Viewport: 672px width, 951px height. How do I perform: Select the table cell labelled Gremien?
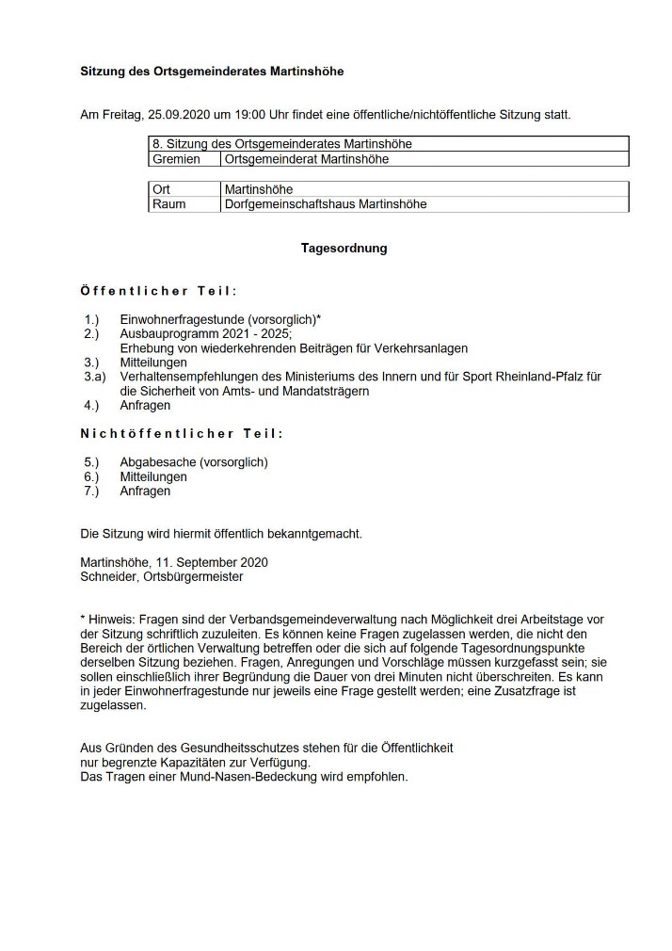(176, 159)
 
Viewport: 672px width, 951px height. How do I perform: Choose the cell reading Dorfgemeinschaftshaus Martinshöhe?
(325, 203)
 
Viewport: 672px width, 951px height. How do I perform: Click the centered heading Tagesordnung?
(344, 249)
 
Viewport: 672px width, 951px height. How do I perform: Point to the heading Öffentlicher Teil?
(158, 291)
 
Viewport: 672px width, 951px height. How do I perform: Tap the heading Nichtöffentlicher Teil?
(182, 433)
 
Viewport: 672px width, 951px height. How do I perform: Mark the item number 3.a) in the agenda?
(95, 376)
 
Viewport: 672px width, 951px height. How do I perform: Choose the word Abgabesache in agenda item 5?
(155, 462)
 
